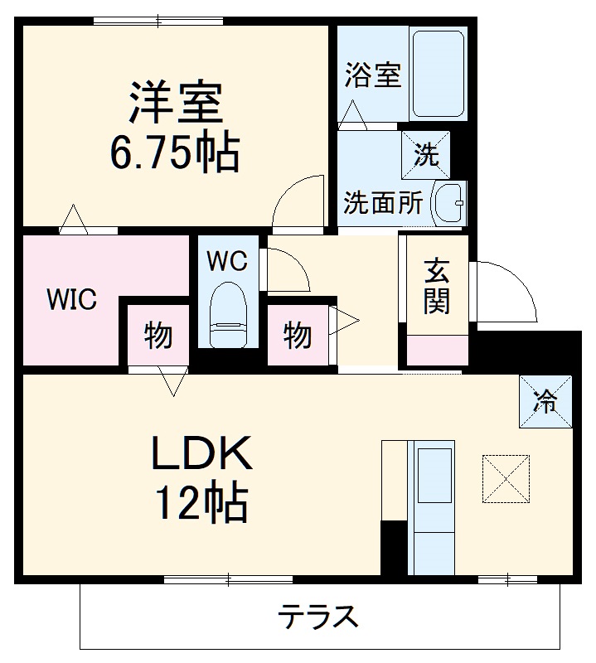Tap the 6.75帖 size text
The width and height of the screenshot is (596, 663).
pos(175,152)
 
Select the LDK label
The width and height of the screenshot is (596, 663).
pos(199,454)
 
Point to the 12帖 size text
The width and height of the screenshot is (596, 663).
pos(199,501)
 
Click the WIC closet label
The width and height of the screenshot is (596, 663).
pos(71,299)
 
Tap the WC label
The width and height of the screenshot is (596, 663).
pos(227,262)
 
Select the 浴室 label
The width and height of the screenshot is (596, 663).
pos(373,75)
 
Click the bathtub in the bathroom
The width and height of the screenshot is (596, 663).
pos(439,75)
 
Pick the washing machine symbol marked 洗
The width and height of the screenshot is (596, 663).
pos(427,155)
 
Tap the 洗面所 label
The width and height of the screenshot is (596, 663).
pos(384,204)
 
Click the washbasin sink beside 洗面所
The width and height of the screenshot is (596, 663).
pos(449,203)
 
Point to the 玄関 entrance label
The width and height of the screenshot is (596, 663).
pos(438,287)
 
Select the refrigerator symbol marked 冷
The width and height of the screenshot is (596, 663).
pos(545,402)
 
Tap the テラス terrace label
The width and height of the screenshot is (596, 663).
pos(318,617)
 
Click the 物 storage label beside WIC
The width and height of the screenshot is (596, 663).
pos(157,336)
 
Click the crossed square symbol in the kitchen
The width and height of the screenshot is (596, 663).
pos(506,477)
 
